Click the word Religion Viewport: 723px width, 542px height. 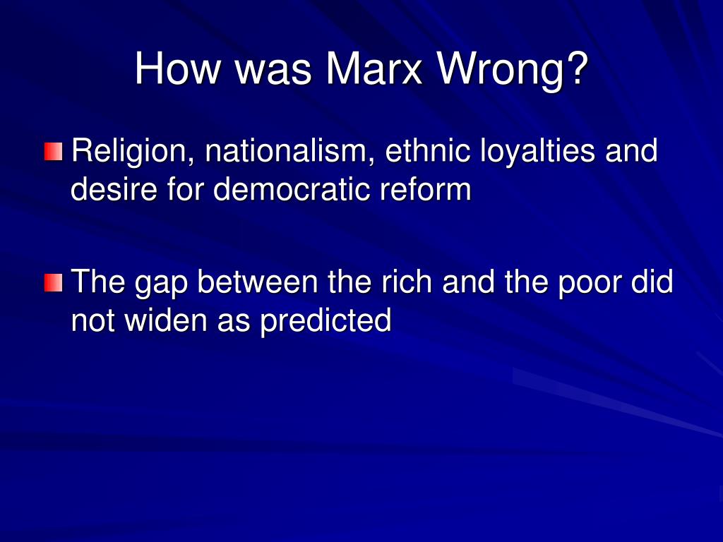129,152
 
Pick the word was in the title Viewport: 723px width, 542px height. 273,69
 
